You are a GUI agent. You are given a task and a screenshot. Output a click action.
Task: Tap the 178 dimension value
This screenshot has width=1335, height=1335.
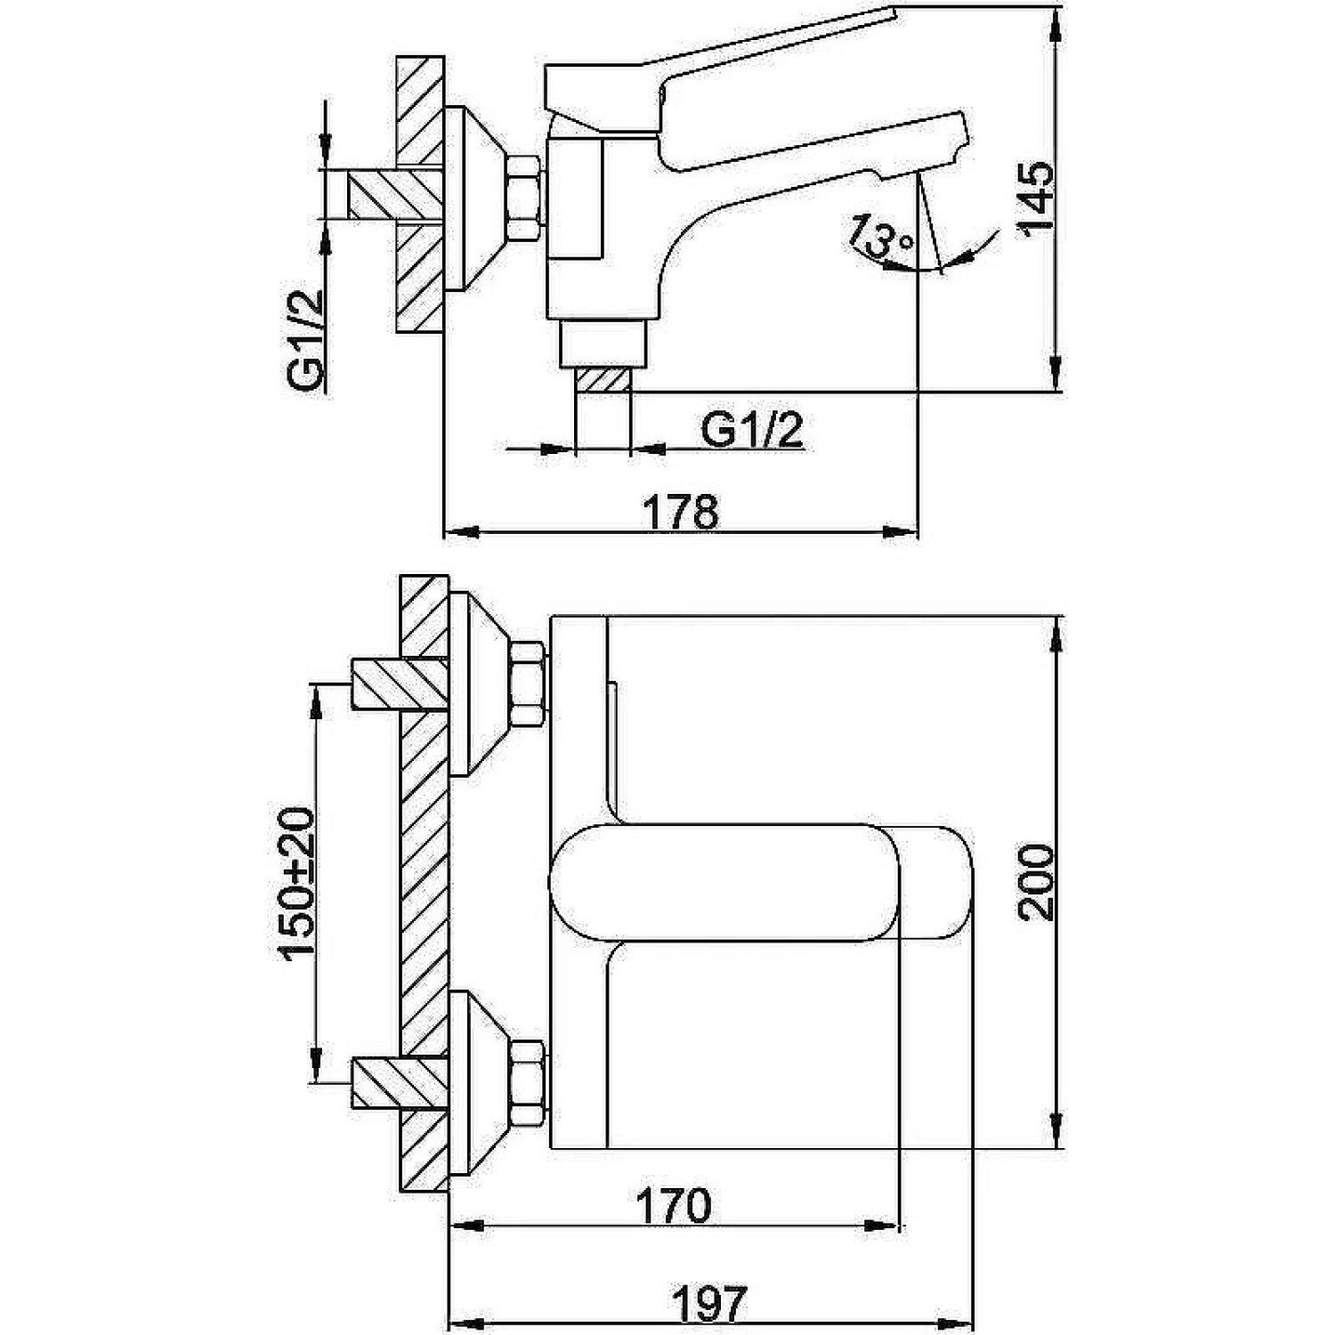tap(680, 514)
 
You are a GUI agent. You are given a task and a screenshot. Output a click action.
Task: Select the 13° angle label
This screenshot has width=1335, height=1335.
tap(879, 234)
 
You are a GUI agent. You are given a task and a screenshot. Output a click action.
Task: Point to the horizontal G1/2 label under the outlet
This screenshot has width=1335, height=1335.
tap(752, 432)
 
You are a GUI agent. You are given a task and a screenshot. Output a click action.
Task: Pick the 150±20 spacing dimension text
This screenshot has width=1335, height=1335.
tap(297, 884)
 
